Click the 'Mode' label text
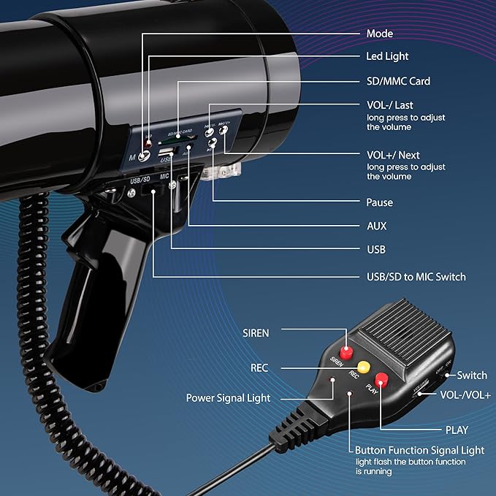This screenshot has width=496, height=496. pyautogui.click(x=379, y=34)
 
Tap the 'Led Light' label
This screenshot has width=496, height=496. pyautogui.click(x=387, y=56)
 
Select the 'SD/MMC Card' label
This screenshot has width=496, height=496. pyautogui.click(x=398, y=81)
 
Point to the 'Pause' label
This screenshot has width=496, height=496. pyautogui.click(x=379, y=202)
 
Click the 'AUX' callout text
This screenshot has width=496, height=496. pyautogui.click(x=377, y=226)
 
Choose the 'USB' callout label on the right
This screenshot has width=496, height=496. pyautogui.click(x=376, y=249)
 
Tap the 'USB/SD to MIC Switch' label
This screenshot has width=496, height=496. pyautogui.click(x=416, y=277)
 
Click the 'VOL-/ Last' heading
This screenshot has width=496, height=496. pyautogui.click(x=389, y=105)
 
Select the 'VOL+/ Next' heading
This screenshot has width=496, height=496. pyautogui.click(x=392, y=155)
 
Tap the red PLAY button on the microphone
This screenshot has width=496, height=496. pyautogui.click(x=381, y=378)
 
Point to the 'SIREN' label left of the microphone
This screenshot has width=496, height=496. pyautogui.click(x=256, y=333)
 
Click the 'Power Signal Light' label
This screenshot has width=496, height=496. pyautogui.click(x=228, y=398)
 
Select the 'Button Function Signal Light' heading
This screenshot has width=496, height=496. pyautogui.click(x=419, y=450)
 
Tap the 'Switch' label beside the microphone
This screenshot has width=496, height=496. pyautogui.click(x=472, y=375)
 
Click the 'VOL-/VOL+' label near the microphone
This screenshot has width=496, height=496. pyautogui.click(x=465, y=394)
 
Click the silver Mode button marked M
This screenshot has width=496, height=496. pyautogui.click(x=147, y=153)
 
